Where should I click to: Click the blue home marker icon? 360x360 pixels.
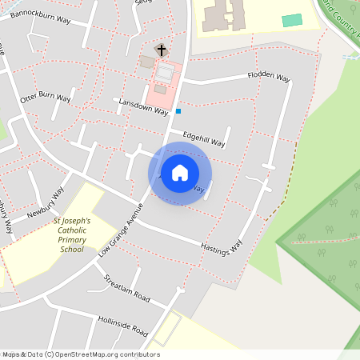click(180, 173)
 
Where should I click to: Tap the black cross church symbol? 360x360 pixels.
click(161, 50)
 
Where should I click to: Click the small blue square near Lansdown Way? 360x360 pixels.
click(178, 111)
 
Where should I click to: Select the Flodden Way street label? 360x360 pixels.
click(268, 78)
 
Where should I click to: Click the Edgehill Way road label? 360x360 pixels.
click(203, 139)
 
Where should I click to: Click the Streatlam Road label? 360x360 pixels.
click(127, 288)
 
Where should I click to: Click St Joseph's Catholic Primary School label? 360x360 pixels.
click(72, 235)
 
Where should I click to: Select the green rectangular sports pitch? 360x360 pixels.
click(292, 20)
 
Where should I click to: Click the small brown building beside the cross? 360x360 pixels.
click(146, 62)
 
